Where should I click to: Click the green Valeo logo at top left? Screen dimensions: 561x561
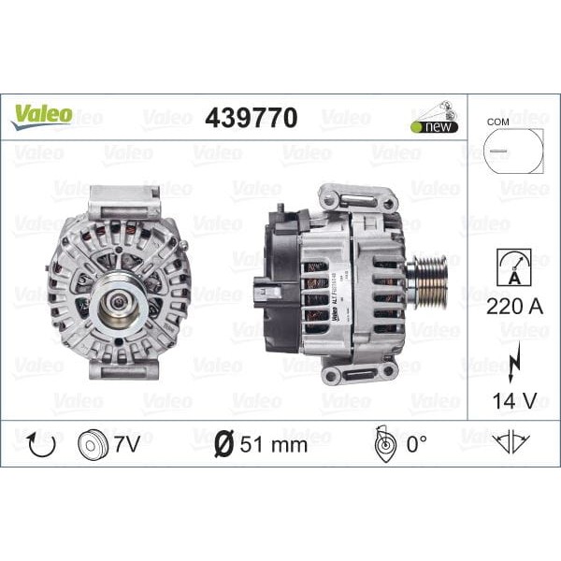coord(41,115)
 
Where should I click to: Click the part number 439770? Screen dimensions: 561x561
coord(251,119)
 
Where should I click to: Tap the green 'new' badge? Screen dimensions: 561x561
coord(434,126)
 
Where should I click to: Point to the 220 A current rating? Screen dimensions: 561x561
coord(510,305)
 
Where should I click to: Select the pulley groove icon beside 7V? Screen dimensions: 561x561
coord(92,443)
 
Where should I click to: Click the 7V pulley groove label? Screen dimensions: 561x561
coord(127,443)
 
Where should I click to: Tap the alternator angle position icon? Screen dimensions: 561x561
coord(382,443)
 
